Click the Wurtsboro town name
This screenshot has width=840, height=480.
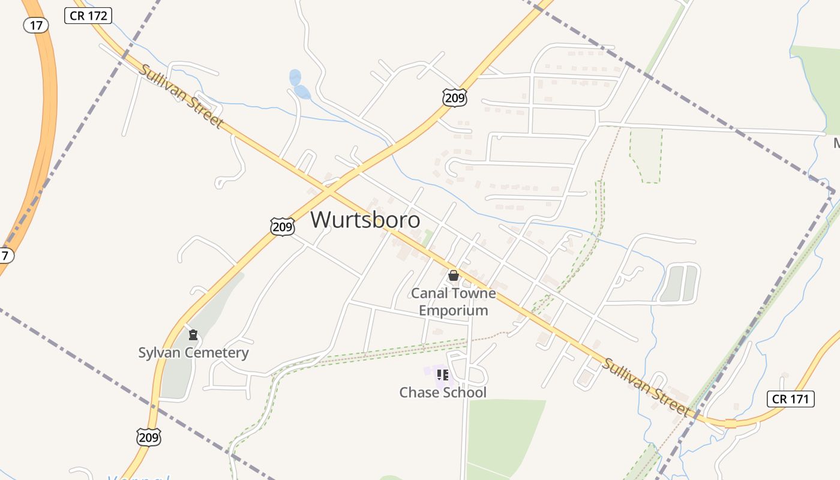[365, 220]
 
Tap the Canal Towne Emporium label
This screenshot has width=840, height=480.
[453, 302]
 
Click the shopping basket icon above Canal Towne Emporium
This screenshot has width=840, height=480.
[454, 275]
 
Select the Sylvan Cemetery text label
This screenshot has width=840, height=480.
[193, 352]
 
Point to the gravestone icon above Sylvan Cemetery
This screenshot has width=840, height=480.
[193, 335]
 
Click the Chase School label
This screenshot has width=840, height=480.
[443, 392]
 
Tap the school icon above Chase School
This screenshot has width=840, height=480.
[443, 376]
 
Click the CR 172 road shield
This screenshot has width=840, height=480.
[88, 16]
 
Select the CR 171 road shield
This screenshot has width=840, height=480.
[790, 398]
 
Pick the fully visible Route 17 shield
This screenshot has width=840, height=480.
[35, 25]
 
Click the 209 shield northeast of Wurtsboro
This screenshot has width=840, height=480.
[455, 98]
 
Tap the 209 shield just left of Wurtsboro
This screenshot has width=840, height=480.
[282, 227]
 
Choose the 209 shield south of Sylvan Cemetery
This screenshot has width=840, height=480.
[148, 437]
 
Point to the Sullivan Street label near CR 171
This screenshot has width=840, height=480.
[645, 387]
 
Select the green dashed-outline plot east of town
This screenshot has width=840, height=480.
[646, 153]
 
